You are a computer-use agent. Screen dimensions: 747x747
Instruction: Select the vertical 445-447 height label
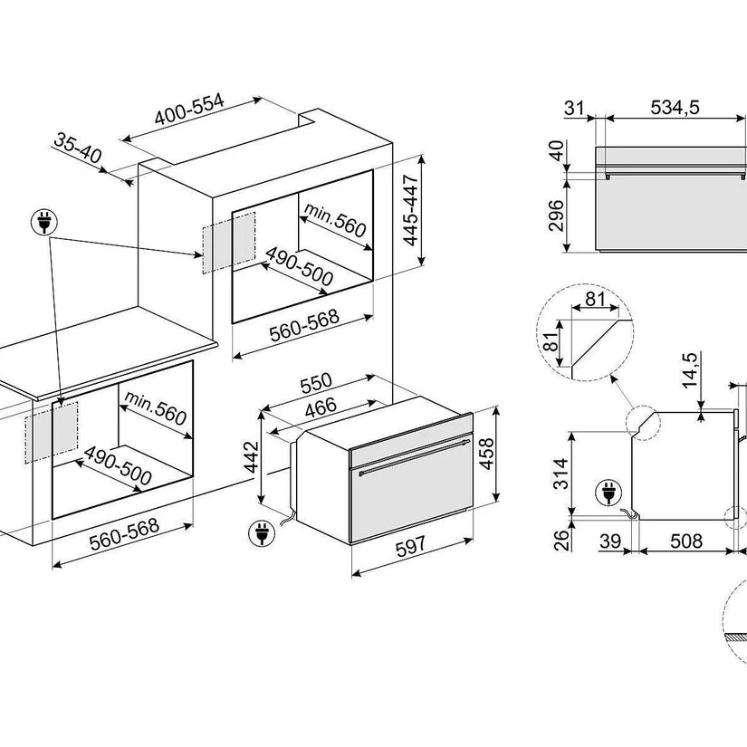(412, 211)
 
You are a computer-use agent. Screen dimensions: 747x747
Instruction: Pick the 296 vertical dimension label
(557, 215)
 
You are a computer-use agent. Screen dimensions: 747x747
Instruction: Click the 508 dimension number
(685, 541)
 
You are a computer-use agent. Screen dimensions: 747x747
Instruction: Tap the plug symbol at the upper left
(43, 221)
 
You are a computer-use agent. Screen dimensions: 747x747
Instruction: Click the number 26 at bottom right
(561, 541)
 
